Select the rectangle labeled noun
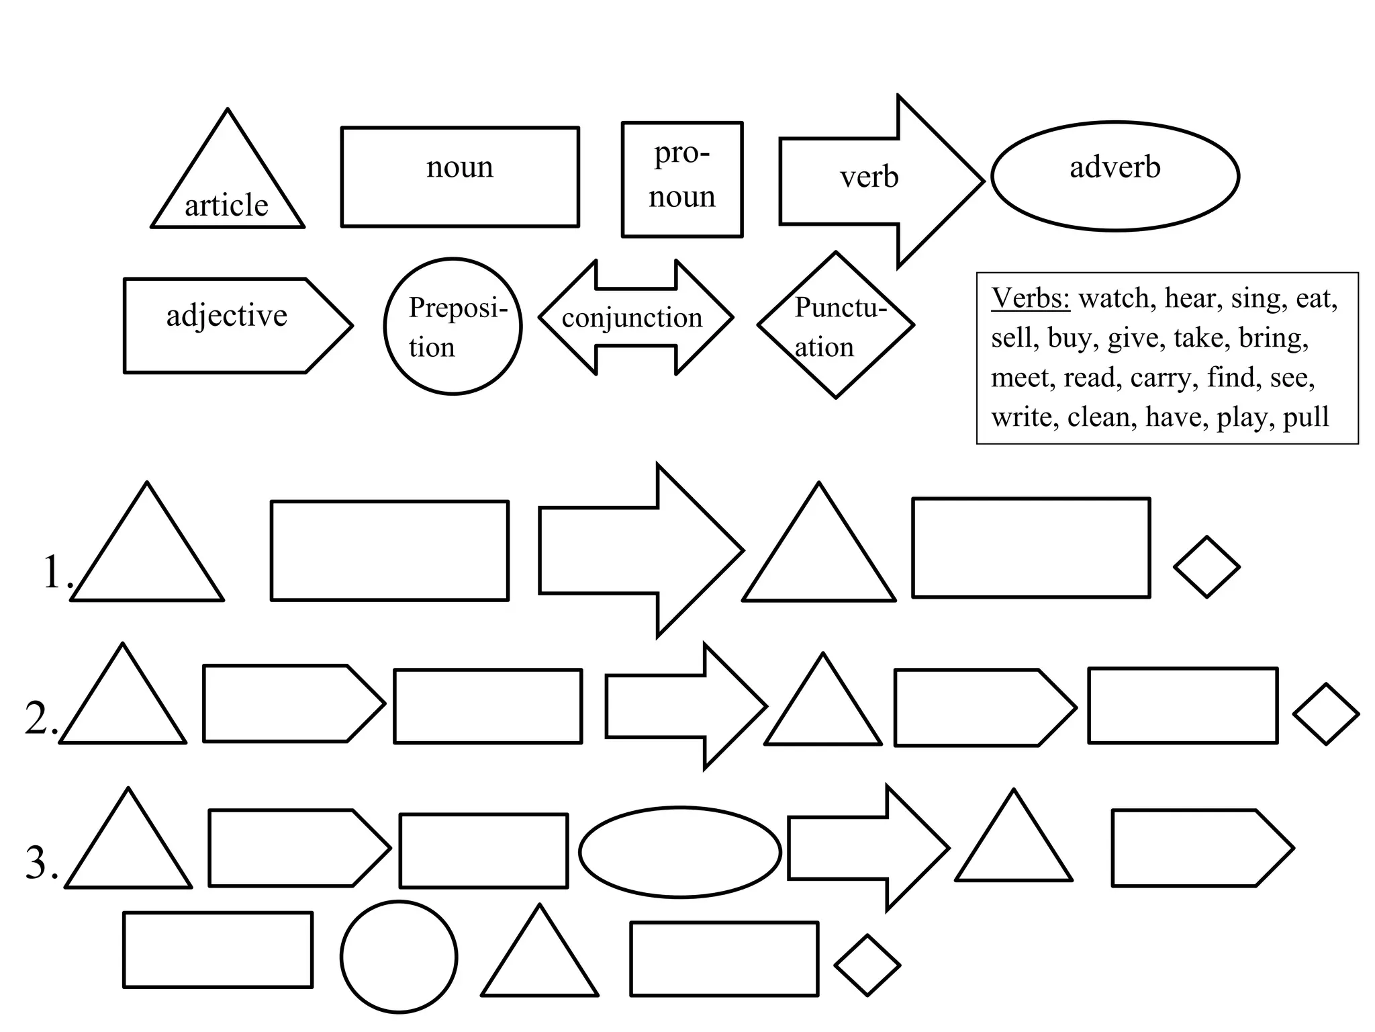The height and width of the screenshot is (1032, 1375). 460,176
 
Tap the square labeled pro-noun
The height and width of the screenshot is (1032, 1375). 682,179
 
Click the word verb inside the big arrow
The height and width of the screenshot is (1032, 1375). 869,177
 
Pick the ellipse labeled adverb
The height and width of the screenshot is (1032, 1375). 1115,176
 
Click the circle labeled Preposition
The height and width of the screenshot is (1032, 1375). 453,327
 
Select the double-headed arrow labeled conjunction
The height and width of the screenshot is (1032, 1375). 634,318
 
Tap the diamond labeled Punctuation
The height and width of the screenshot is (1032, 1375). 836,325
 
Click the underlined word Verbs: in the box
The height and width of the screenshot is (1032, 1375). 1031,298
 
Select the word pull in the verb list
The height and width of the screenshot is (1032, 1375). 1306,417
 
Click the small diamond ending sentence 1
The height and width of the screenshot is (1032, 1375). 1206,567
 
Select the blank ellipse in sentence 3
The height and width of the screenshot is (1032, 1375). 679,852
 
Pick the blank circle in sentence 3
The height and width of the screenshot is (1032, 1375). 399,957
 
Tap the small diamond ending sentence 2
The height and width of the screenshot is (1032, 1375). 1326,714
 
